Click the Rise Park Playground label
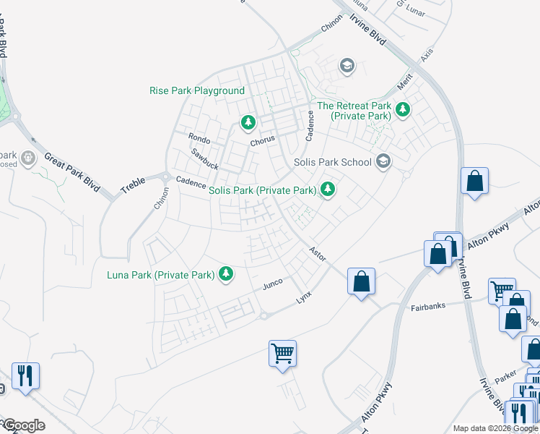pos(196,91)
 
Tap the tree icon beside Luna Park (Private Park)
pos(227,273)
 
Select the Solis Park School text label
pos(333,162)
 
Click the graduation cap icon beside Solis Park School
pos(383,161)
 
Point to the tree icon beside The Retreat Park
pos(402,110)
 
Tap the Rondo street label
pos(199,139)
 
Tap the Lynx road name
pos(304,299)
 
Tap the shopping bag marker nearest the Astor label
pos(361,281)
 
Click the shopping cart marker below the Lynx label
pos(282,354)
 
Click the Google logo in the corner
pos(23,425)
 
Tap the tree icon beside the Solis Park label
pos(328,190)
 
